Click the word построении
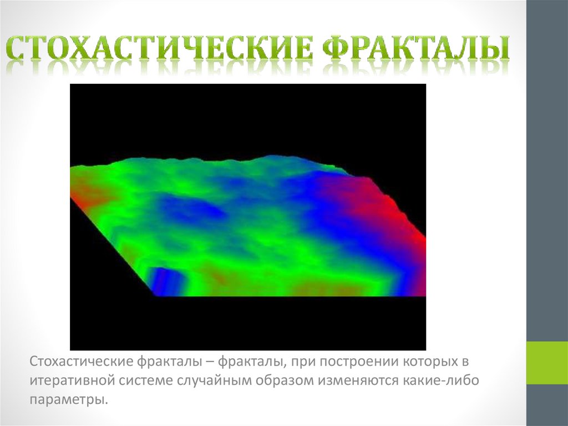pos(351,363)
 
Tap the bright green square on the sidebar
pos(547,363)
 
